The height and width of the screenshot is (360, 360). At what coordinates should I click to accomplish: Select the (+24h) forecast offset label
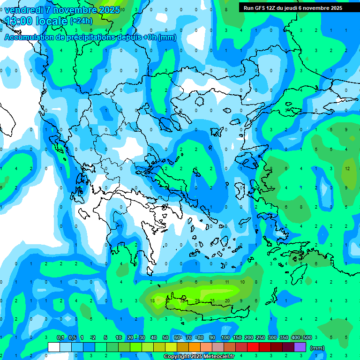coord(81,21)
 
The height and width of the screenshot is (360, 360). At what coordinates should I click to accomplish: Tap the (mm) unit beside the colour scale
coord(317,348)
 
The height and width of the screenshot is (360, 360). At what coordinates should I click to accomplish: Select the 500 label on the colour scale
coord(307,337)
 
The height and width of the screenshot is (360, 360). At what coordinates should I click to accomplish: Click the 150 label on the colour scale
coord(237,337)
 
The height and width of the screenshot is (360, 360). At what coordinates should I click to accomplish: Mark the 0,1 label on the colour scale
coord(60,337)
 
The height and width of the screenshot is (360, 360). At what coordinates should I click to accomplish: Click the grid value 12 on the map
coord(347,168)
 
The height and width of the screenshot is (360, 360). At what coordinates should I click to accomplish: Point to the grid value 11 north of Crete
coord(227,282)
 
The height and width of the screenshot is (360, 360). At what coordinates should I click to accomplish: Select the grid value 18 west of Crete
coord(152,300)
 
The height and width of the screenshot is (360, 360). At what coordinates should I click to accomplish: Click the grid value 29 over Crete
coord(197,300)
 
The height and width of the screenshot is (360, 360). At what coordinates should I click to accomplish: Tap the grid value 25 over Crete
coord(212,300)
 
